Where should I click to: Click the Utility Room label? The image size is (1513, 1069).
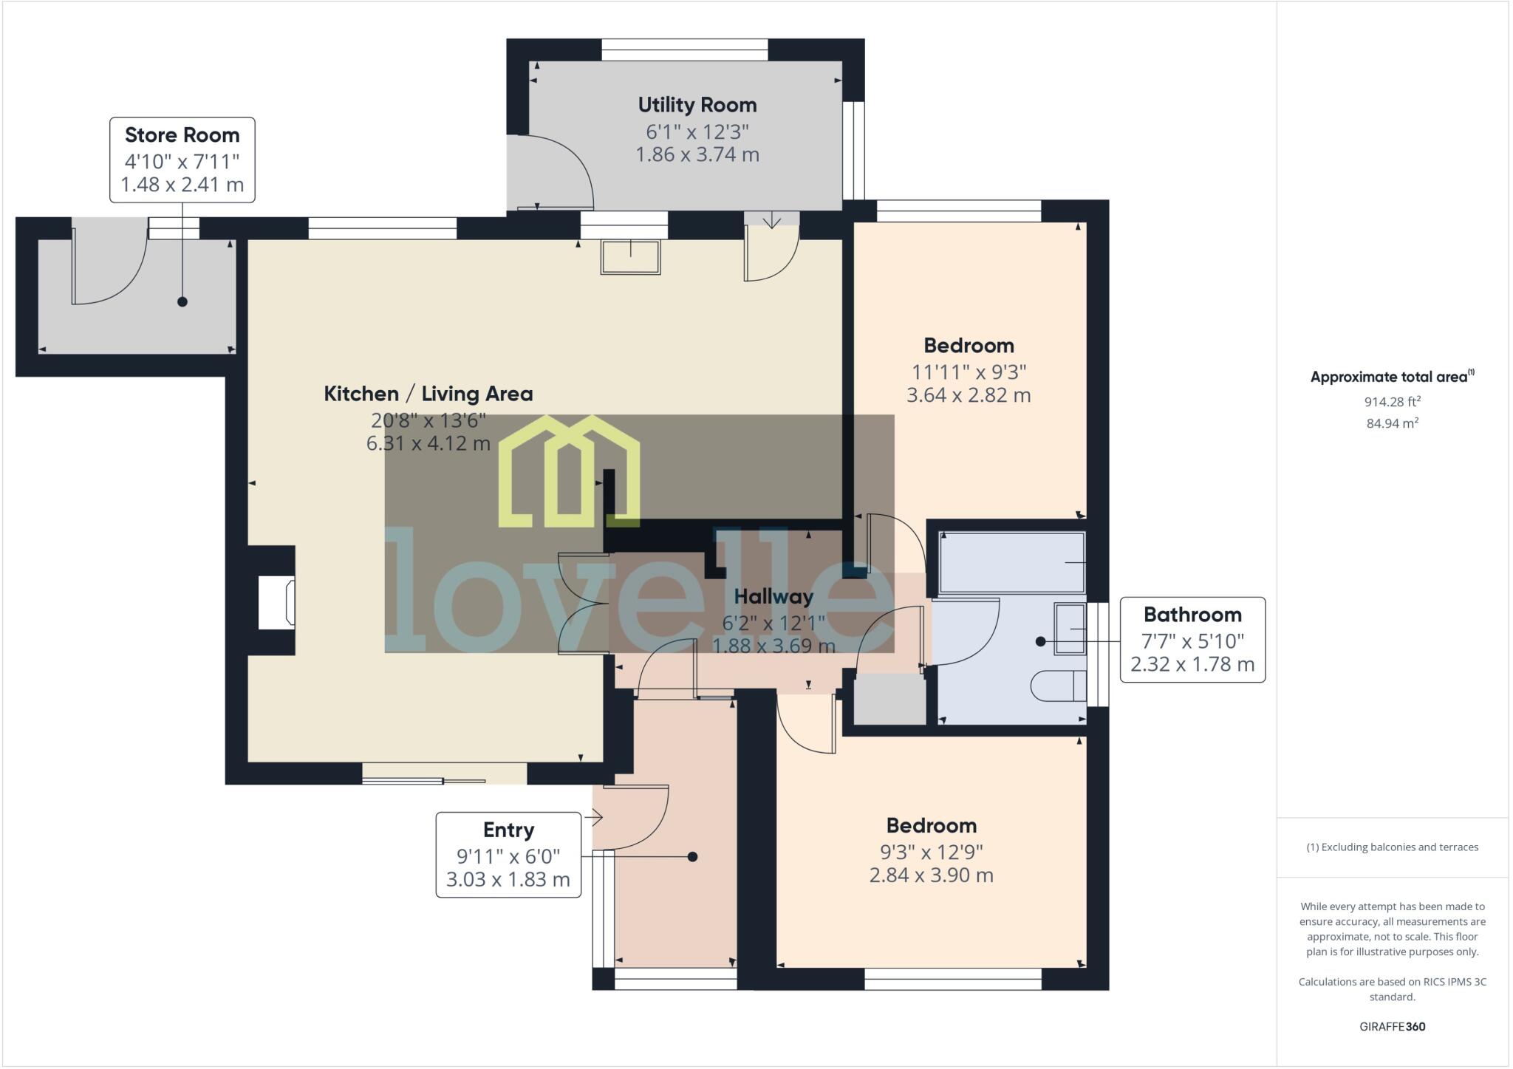tap(697, 105)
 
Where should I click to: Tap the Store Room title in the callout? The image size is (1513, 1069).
tap(182, 135)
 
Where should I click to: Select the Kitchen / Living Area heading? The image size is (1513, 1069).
tap(428, 394)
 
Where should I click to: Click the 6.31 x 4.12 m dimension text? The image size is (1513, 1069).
tap(428, 443)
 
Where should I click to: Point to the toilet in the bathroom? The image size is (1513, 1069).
tap(1057, 686)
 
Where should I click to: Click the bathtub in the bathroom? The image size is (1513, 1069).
tap(1011, 563)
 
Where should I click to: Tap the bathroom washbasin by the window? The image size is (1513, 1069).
tap(1069, 629)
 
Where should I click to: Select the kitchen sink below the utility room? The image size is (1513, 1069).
tap(630, 257)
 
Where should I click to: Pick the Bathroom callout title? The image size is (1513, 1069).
tap(1192, 615)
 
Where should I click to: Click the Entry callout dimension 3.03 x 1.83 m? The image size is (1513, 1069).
tap(508, 880)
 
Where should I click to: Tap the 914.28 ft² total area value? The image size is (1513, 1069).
tap(1392, 402)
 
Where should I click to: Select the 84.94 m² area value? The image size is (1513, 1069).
tap(1392, 423)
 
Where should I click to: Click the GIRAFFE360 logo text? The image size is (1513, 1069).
tap(1392, 1026)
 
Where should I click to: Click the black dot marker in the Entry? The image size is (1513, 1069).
tap(692, 857)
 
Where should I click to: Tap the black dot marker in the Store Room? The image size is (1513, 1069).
tap(182, 301)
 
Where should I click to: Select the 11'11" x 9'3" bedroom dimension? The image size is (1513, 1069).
tap(968, 372)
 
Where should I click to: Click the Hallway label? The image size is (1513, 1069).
tap(773, 597)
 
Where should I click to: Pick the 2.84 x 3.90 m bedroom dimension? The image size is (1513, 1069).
tap(931, 875)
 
